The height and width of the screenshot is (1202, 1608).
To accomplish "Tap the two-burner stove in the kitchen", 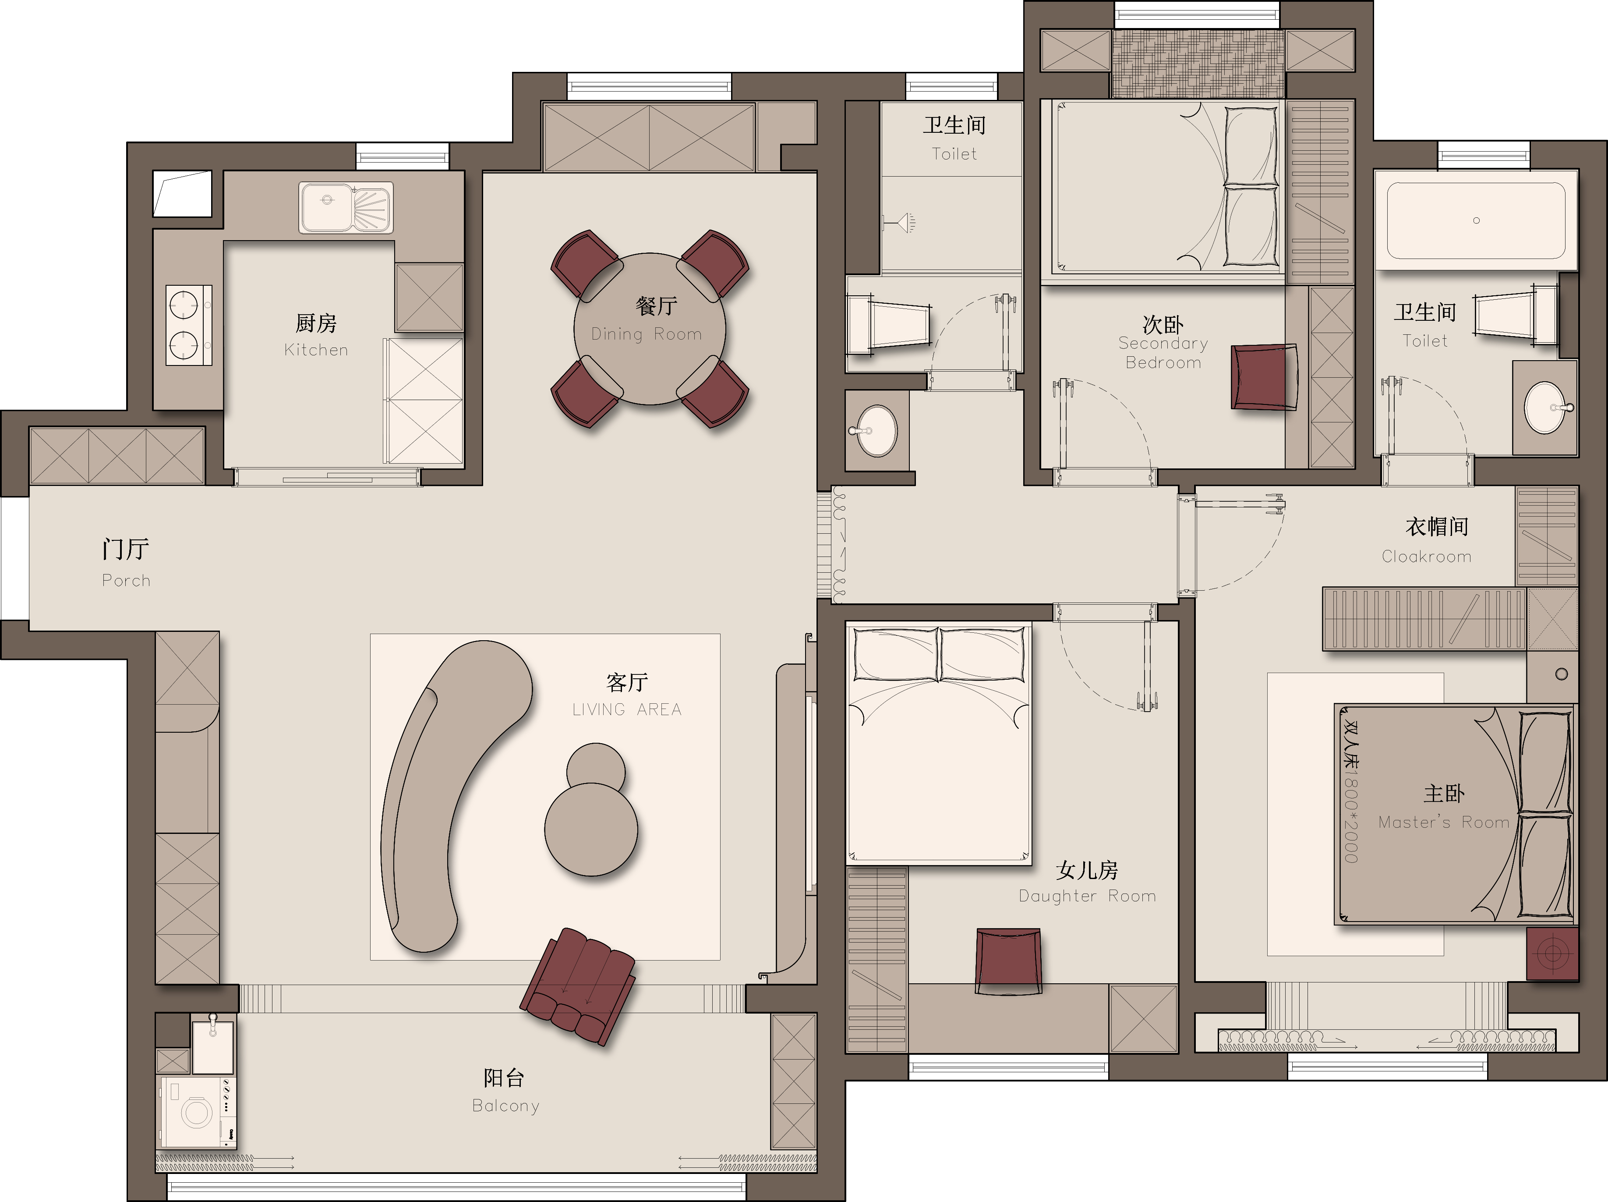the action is (x=189, y=324).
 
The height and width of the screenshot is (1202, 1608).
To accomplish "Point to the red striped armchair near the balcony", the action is (x=578, y=986).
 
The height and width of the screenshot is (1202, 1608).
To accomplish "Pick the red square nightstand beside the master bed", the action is (x=1552, y=953).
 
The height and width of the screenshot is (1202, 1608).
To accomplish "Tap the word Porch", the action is (x=127, y=580).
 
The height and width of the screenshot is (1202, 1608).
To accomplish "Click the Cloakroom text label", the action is (x=1426, y=556).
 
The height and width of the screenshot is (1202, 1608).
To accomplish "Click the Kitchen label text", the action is (x=316, y=350).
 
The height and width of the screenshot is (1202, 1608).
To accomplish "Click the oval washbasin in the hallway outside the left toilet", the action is (x=876, y=430).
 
